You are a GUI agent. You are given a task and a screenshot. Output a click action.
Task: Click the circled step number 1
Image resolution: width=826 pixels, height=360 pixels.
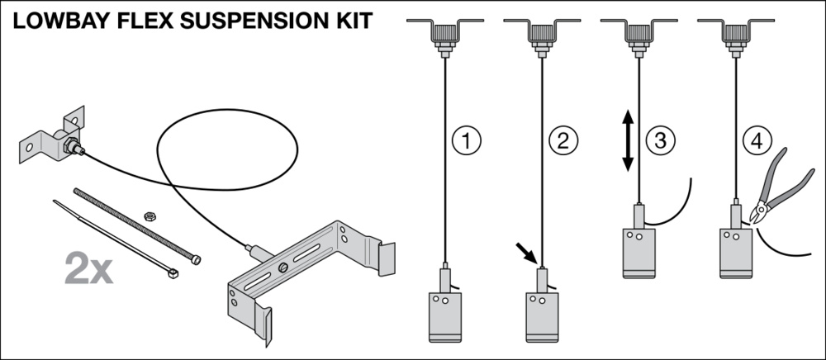(467, 140)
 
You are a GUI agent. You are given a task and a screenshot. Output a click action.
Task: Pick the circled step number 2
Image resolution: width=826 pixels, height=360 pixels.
(563, 140)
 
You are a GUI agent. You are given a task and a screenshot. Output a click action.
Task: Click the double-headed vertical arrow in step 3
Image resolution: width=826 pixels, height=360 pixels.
(627, 142)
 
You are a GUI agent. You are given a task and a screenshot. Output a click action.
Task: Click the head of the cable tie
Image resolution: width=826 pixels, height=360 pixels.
(173, 270)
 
